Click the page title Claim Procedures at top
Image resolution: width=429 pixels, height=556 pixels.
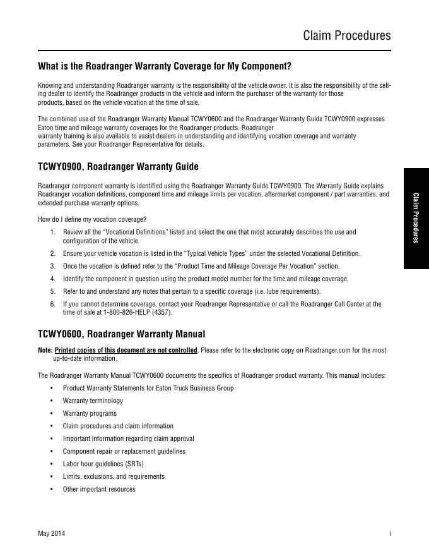tap(347, 35)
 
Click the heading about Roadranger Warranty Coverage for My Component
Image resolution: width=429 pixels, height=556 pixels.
tap(165, 66)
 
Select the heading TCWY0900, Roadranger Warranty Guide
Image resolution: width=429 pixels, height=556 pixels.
tap(118, 167)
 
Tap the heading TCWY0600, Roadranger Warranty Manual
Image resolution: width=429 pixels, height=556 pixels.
tap(121, 334)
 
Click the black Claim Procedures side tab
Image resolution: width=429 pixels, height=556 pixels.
tap(416, 218)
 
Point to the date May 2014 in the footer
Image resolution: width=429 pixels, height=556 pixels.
tap(51, 534)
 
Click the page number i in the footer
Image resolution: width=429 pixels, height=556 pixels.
tap(390, 534)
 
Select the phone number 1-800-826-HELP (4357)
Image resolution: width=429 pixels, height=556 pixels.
tap(136, 312)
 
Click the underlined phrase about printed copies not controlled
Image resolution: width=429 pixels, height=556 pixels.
tap(126, 350)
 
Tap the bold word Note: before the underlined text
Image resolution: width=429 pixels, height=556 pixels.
tap(45, 350)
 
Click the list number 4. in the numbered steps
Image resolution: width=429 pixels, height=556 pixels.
tap(53, 279)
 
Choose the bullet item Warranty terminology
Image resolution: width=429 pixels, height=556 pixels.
tap(93, 401)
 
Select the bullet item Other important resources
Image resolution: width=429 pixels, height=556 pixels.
tap(99, 489)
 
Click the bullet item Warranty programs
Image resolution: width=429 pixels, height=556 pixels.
tap(90, 413)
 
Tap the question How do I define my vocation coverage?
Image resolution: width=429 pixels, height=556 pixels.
tap(92, 219)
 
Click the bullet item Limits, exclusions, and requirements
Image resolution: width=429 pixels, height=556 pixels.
tap(114, 476)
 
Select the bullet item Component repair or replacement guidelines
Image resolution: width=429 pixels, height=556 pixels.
tap(124, 451)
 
